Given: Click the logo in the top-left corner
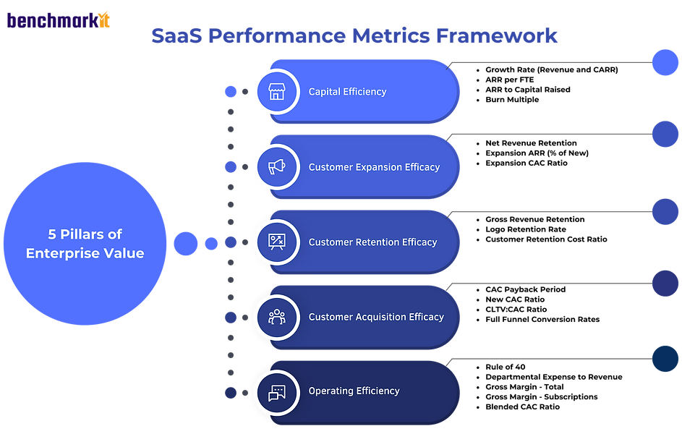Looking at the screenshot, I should point(59,20).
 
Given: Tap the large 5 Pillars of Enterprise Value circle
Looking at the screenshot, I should point(85,244).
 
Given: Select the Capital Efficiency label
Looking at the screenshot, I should point(347,92).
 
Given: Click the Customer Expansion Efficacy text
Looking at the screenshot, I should point(374,167).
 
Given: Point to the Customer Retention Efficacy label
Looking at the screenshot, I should point(372,242).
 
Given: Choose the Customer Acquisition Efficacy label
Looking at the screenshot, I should point(376,317).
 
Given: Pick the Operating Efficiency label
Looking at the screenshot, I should point(354,391).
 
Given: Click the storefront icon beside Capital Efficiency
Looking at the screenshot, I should point(277,92).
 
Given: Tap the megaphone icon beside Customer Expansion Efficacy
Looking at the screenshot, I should point(277,167).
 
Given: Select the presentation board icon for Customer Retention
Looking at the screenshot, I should point(277,242).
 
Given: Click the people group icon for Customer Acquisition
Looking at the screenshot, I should point(277,317).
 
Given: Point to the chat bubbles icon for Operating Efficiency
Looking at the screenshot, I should point(277,392).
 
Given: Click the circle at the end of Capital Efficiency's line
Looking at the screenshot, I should point(665,63).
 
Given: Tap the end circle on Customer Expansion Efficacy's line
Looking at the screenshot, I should point(665,134).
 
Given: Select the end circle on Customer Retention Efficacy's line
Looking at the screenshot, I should point(665,212).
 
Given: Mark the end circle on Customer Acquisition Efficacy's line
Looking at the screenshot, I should point(665,283).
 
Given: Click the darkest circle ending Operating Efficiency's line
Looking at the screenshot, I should point(665,359).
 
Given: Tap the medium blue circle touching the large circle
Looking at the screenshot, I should point(185,244).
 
